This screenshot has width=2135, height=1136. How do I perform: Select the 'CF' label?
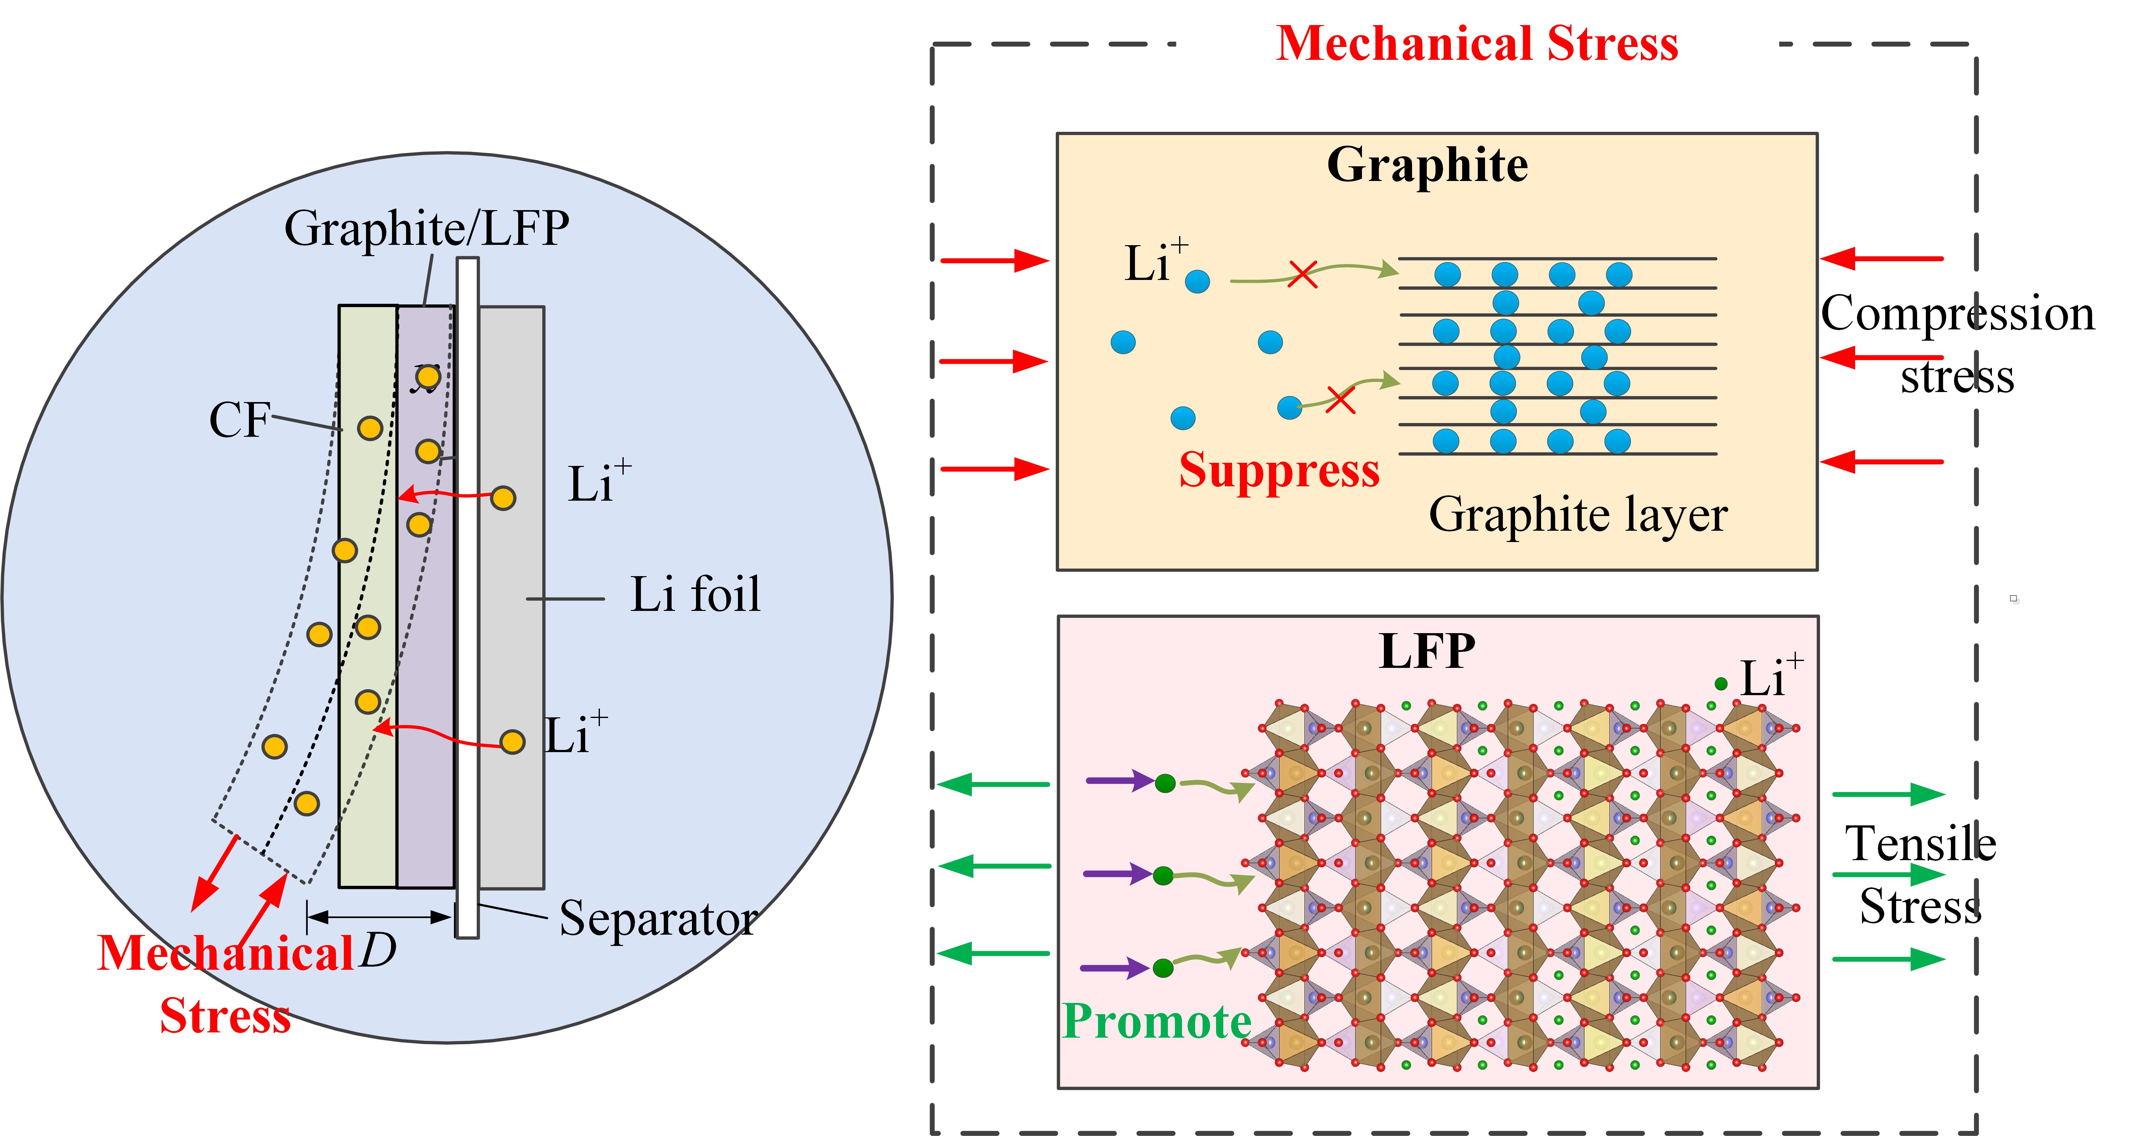tap(240, 420)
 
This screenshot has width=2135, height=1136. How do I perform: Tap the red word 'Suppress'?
tap(1279, 471)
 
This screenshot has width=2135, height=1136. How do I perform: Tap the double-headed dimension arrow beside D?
tap(379, 917)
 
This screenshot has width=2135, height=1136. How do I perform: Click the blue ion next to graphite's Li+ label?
tap(1197, 282)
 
